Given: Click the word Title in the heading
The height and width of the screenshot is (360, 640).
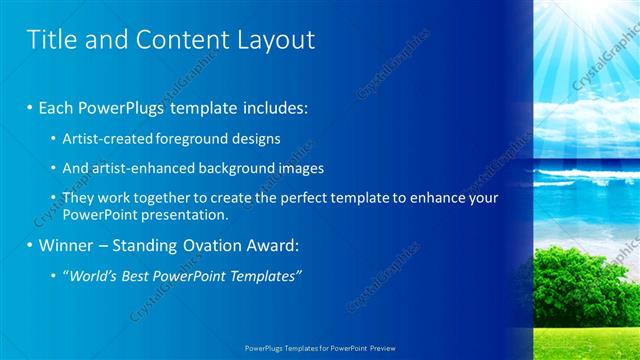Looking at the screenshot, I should point(49,39).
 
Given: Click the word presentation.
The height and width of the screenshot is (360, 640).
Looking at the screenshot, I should point(190,214).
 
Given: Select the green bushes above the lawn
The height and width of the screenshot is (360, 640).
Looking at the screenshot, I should point(580,275).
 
